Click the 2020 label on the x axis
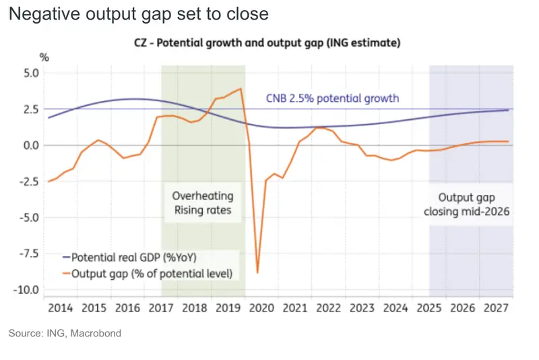click(x=261, y=307)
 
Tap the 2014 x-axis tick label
click(x=61, y=307)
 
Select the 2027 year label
click(x=496, y=307)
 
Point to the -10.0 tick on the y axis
click(x=26, y=290)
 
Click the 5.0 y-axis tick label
click(x=31, y=73)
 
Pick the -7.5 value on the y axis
click(x=29, y=253)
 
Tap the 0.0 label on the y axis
click(x=31, y=146)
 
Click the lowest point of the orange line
click(x=257, y=273)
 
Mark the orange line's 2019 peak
click(x=241, y=89)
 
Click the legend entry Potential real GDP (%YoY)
click(x=130, y=258)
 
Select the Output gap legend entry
click(x=148, y=274)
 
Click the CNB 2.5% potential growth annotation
click(x=332, y=98)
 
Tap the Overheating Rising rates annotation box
click(x=203, y=203)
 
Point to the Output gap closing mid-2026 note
click(x=466, y=204)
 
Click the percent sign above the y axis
click(x=44, y=57)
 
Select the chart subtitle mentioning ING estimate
click(x=267, y=43)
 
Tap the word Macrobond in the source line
click(x=96, y=333)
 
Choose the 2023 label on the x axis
click(x=362, y=307)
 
